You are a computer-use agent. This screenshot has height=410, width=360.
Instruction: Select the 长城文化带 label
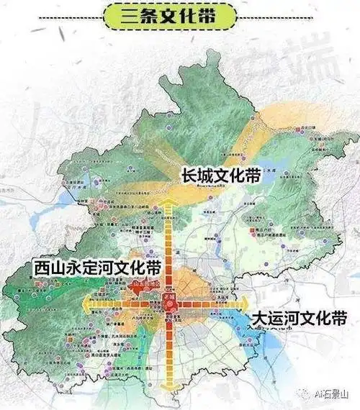click(x=222, y=176)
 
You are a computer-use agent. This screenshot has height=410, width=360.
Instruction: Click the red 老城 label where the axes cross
click(x=172, y=295)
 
